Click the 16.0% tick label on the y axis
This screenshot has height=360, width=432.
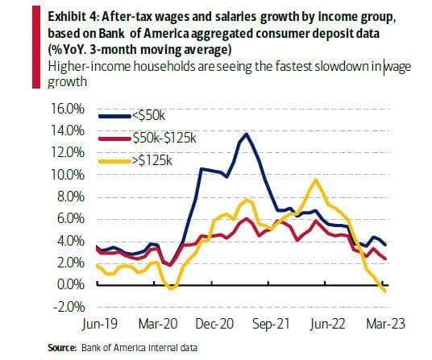[67, 109]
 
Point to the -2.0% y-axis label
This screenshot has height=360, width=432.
[69, 306]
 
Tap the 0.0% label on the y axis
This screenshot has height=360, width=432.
[70, 284]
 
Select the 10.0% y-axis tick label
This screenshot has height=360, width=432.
[67, 175]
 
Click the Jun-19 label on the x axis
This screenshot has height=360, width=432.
[100, 324]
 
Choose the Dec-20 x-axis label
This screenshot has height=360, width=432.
[214, 324]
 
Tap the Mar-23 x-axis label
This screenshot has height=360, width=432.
[386, 324]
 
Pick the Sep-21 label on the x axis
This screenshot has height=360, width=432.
[271, 325]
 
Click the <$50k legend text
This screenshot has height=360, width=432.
[149, 116]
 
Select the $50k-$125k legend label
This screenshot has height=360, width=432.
[164, 139]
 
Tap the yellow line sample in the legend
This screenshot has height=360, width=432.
[114, 162]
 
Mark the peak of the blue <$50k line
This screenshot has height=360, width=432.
[247, 134]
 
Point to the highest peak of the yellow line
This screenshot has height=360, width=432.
[316, 180]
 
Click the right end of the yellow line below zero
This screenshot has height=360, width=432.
[385, 292]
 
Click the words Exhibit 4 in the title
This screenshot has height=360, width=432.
[73, 17]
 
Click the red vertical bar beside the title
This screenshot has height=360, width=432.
[36, 47]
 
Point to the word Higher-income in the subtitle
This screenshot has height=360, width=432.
[89, 66]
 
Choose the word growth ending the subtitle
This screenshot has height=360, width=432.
[67, 82]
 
